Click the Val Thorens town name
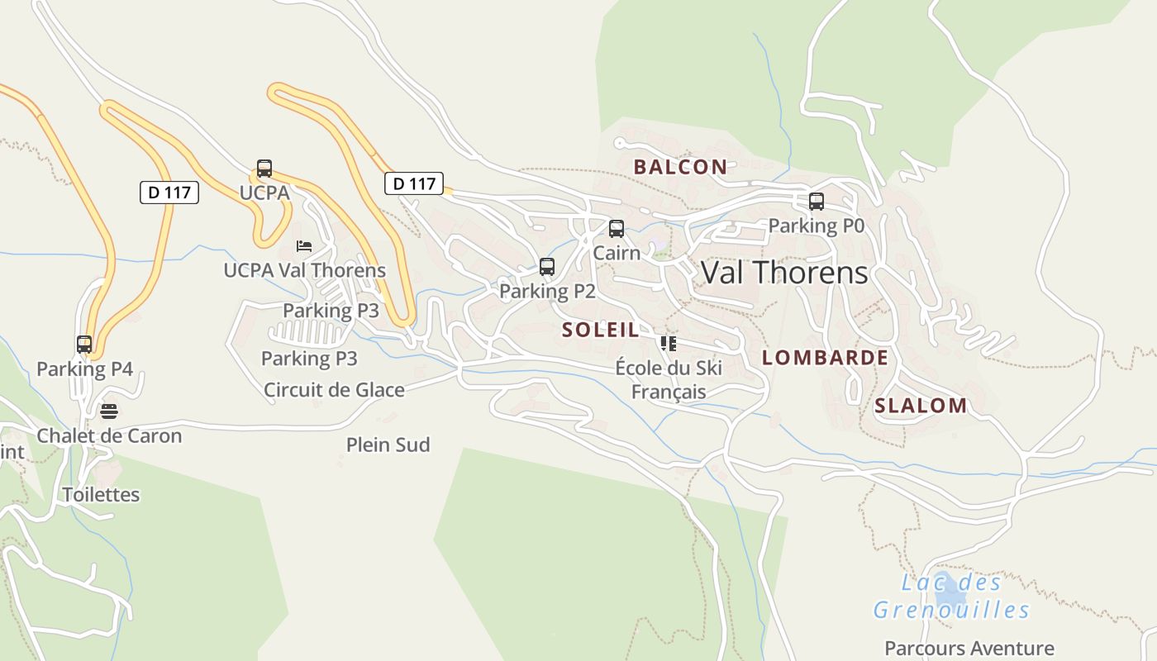pyautogui.click(x=784, y=273)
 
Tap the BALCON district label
pyautogui.click(x=680, y=167)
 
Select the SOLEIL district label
pyautogui.click(x=601, y=330)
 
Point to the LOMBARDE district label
pyautogui.click(x=825, y=358)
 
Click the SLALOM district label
pyautogui.click(x=921, y=406)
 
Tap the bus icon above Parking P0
pyautogui.click(x=817, y=202)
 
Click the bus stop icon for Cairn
pyautogui.click(x=617, y=229)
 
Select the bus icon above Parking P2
pyautogui.click(x=547, y=267)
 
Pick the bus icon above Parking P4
pyautogui.click(x=84, y=345)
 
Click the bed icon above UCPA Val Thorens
pyautogui.click(x=304, y=246)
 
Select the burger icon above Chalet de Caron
pyautogui.click(x=109, y=411)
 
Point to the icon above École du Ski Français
pyautogui.click(x=668, y=344)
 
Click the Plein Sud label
pyautogui.click(x=388, y=445)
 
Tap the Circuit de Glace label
pyautogui.click(x=334, y=390)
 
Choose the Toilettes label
pyautogui.click(x=102, y=495)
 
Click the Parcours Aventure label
pyautogui.click(x=969, y=649)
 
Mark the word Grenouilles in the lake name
pyautogui.click(x=951, y=611)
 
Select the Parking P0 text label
pyautogui.click(x=816, y=226)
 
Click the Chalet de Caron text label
pyautogui.click(x=109, y=435)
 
